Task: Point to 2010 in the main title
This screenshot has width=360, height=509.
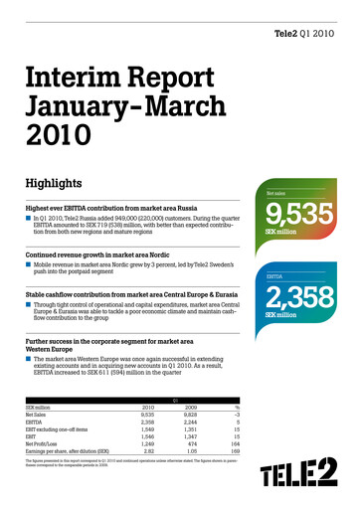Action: click(x=58, y=134)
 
